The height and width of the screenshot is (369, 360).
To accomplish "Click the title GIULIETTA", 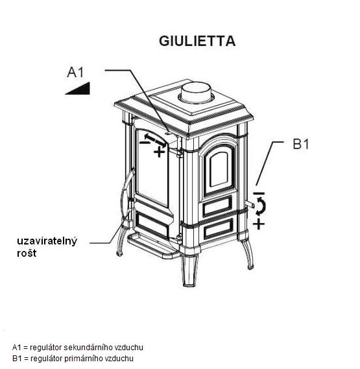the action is tap(197, 41).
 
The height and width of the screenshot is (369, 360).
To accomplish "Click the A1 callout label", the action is tap(75, 72).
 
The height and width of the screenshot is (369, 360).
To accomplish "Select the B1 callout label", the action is tap(301, 144).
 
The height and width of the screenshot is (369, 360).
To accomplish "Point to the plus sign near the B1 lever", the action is tap(259, 224).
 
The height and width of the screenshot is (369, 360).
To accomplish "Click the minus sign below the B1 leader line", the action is tap(259, 193).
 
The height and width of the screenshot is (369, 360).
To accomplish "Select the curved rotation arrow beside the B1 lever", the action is tap(262, 206).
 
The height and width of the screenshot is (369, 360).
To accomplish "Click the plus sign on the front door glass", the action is tap(160, 152).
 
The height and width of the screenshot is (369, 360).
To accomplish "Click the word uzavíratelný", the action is tap(47, 241).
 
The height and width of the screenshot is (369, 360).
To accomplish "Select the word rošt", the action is tap(27, 253).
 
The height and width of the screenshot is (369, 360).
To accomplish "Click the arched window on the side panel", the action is tap(219, 169).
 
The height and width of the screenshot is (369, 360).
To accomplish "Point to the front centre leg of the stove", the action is tap(189, 270).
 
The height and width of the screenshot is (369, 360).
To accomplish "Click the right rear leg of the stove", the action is tap(247, 254).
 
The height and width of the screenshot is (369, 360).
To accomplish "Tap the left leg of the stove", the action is tap(122, 240).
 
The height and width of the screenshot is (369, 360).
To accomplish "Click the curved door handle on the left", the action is tap(126, 195).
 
